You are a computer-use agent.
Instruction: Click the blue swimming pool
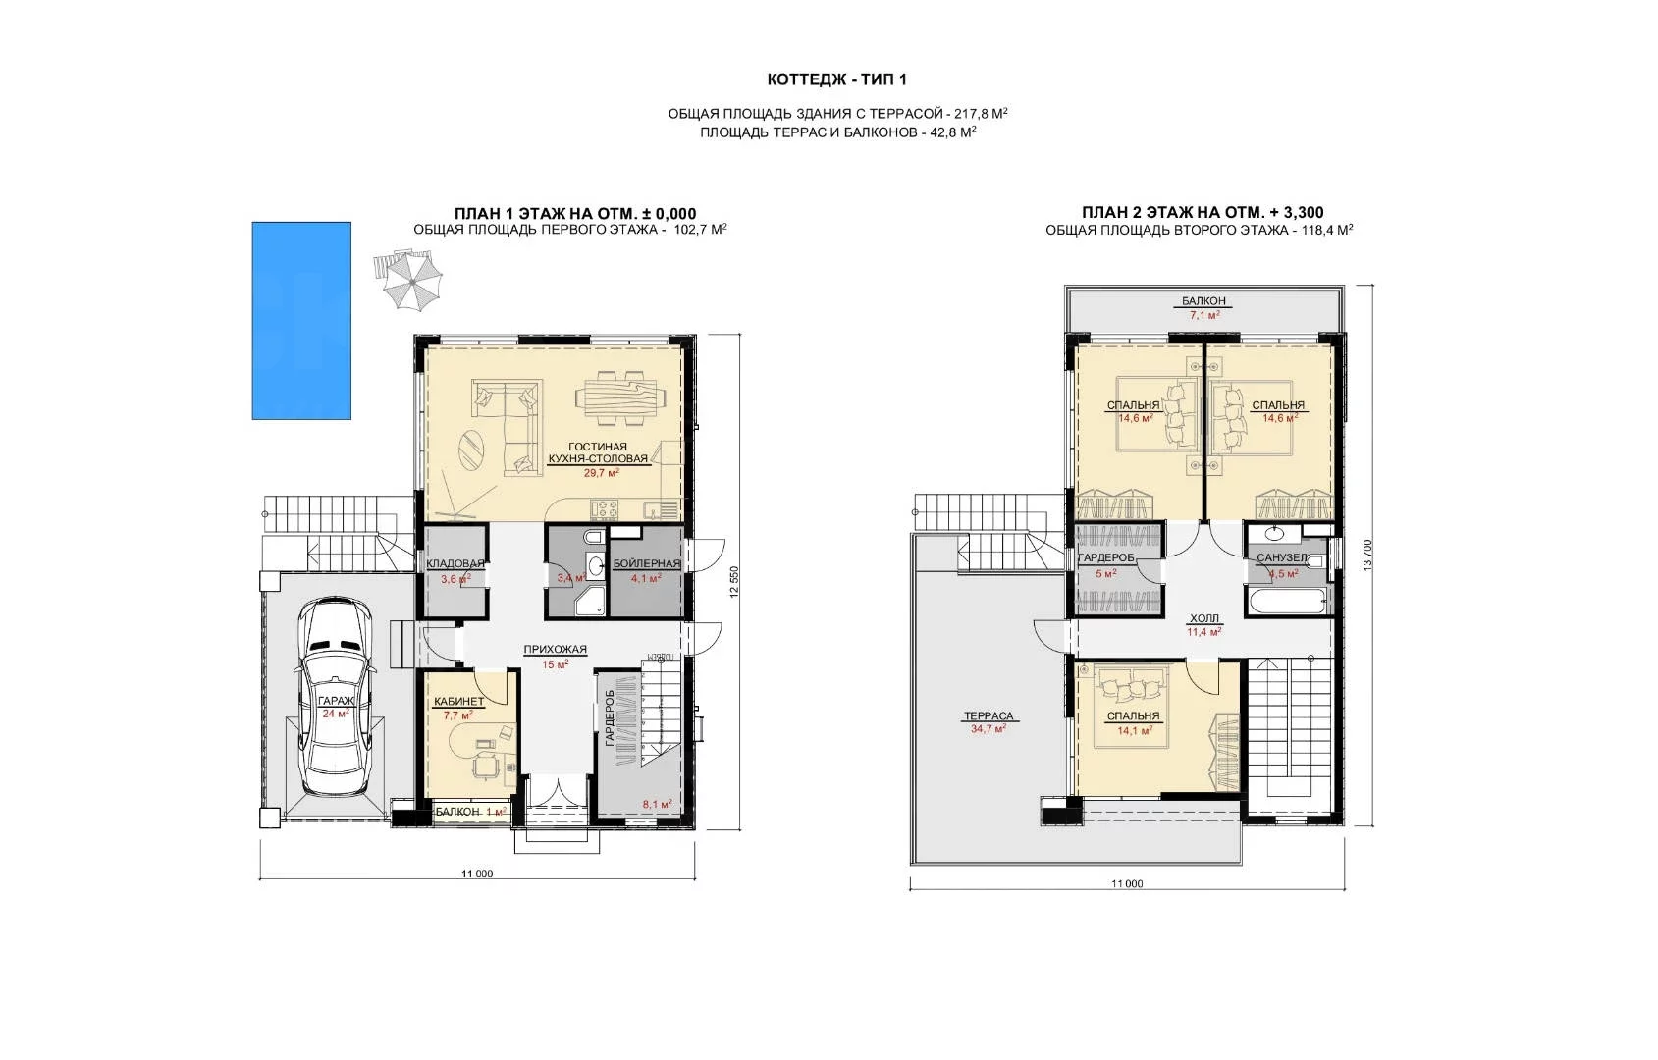coord(301,321)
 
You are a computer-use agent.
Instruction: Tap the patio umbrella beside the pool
coord(412,281)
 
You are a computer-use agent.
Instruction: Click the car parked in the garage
coord(336,697)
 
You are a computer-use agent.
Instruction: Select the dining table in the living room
coord(620,397)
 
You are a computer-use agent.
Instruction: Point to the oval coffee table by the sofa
coord(469,450)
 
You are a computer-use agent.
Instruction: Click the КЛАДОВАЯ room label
coord(455,564)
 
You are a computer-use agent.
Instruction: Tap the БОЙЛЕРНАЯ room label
coord(646,564)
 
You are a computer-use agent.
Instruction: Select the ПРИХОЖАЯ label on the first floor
coord(556,650)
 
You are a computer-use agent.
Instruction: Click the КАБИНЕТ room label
coord(458,702)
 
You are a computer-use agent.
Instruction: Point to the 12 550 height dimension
coord(734,582)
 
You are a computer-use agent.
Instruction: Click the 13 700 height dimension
coord(1367,556)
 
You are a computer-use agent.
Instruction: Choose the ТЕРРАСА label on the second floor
coord(989,716)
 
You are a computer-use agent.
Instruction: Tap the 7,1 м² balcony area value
coord(1204,315)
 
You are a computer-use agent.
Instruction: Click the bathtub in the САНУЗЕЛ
coord(1289,602)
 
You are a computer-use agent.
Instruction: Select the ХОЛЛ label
coord(1203,619)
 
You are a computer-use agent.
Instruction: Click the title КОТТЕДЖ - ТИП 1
coord(837,79)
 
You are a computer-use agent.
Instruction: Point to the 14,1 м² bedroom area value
coord(1135,730)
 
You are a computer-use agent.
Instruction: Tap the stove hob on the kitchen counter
coord(605,509)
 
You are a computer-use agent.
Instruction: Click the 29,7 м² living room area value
coord(601,472)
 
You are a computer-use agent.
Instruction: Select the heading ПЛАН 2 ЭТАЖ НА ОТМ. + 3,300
coord(1203,213)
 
